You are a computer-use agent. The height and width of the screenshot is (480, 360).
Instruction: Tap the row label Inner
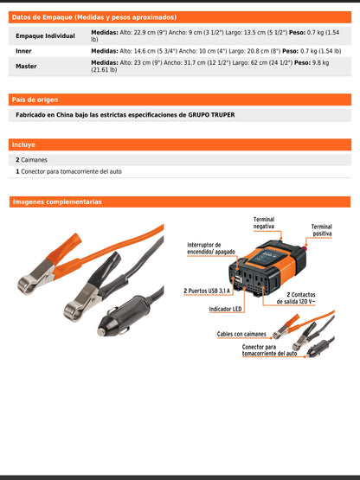pyautogui.click(x=24, y=51)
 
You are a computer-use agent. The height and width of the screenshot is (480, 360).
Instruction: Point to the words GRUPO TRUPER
pyautogui.click(x=211, y=115)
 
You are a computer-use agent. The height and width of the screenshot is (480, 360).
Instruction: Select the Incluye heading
pyautogui.click(x=23, y=144)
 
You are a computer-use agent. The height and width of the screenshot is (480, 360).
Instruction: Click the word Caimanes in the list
pyautogui.click(x=35, y=160)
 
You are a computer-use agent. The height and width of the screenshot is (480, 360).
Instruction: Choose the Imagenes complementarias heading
pyautogui.click(x=57, y=202)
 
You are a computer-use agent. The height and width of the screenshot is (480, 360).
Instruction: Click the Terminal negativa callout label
pyautogui.click(x=264, y=223)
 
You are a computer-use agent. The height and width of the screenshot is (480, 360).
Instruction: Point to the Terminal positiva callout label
pyautogui.click(x=321, y=230)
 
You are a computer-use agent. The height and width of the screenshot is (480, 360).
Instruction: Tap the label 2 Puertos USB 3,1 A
pyautogui.click(x=208, y=291)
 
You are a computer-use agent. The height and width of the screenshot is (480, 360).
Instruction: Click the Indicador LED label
pyautogui.click(x=225, y=309)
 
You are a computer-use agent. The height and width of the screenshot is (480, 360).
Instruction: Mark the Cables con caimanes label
pyautogui.click(x=241, y=333)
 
